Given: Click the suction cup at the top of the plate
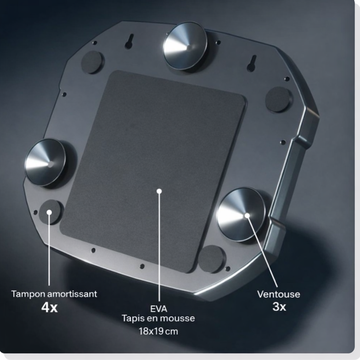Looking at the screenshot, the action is [x=185, y=46].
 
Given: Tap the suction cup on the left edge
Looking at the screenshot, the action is [x=45, y=162].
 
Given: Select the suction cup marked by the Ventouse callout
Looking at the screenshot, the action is [x=241, y=214].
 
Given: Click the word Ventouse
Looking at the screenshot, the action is [x=278, y=294].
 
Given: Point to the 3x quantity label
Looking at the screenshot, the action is [x=279, y=307].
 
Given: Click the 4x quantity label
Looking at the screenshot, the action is [x=49, y=307].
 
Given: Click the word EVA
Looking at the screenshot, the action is [x=159, y=309].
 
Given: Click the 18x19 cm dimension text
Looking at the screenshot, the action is [x=158, y=331].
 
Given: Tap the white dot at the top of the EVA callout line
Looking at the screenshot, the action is [x=159, y=191].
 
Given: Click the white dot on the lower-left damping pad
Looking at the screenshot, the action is [x=49, y=212].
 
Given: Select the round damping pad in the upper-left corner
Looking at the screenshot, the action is [x=92, y=62].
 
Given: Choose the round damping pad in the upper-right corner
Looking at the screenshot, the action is [x=278, y=99].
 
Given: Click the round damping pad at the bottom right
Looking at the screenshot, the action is [x=212, y=259].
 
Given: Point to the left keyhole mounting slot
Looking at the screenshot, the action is [x=129, y=41].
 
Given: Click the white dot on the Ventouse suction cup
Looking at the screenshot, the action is [x=247, y=216].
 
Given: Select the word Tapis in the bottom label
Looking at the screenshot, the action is [x=131, y=319].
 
